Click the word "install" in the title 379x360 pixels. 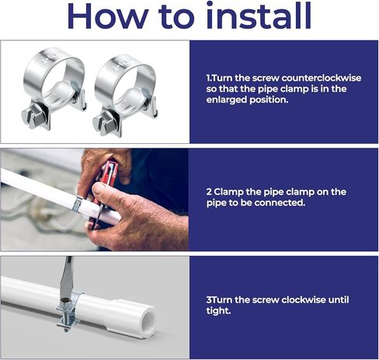click(x=259, y=16)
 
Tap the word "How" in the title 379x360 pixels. click(x=108, y=16)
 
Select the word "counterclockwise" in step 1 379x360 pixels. click(x=322, y=78)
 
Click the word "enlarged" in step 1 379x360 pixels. click(x=226, y=100)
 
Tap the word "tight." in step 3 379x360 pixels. click(x=218, y=310)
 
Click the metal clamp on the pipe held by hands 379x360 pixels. click(x=78, y=204)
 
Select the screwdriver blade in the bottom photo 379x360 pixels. click(x=66, y=278)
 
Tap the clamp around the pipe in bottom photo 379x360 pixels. click(x=69, y=313)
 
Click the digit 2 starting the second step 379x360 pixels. click(x=209, y=192)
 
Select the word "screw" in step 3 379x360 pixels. click(x=266, y=300)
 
